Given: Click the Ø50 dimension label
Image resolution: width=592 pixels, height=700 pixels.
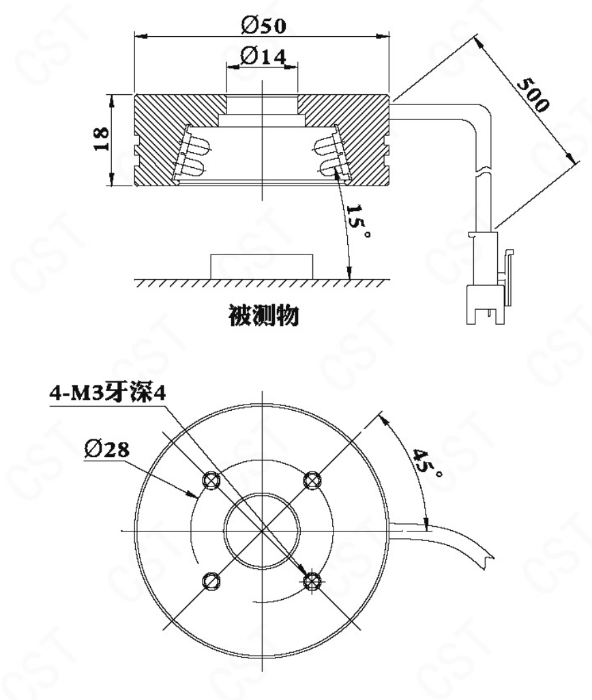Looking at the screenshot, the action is click(x=263, y=25).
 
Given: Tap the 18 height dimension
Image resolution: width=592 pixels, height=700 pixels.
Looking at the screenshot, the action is click(x=102, y=138).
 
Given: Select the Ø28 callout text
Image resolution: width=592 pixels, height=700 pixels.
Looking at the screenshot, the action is click(x=107, y=448).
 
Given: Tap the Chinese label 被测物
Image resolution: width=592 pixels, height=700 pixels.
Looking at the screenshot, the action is click(x=263, y=316).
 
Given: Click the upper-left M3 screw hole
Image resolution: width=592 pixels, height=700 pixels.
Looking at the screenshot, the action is click(x=211, y=480).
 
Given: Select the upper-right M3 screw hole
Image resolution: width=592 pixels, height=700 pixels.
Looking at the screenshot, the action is click(x=312, y=480).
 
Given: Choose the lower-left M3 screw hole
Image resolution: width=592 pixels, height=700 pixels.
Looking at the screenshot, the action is click(x=211, y=581).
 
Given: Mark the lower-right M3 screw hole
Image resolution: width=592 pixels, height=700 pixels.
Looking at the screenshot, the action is click(x=312, y=581).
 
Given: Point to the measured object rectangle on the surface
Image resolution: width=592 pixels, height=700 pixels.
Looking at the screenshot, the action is click(x=262, y=267).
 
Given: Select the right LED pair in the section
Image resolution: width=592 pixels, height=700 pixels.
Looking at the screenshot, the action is click(x=329, y=156).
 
